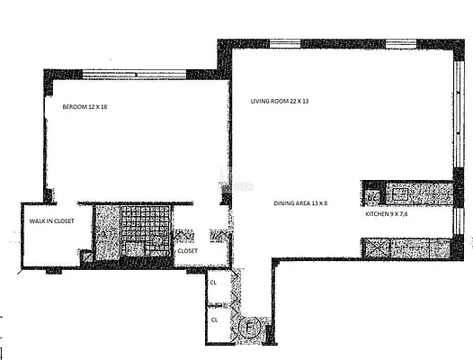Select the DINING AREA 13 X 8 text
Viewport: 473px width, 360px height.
coord(300,203)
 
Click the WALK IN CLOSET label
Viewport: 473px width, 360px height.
coord(51,220)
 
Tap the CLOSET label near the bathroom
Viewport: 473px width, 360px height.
coord(187,251)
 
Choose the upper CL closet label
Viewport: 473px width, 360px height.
coord(214,282)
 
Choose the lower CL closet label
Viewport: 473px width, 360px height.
coord(214,319)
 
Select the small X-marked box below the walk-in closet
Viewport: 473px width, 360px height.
coord(87,256)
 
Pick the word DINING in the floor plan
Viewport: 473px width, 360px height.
coord(285,203)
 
